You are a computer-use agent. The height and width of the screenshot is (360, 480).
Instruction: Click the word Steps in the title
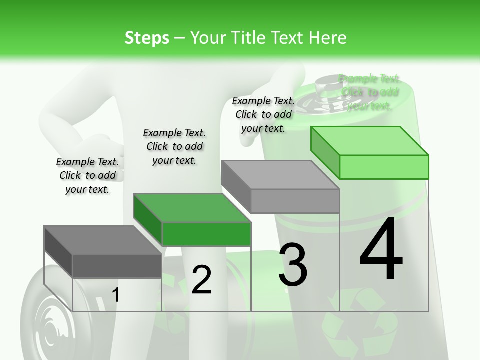click(x=147, y=38)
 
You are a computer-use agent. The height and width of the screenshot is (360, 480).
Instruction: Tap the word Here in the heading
click(x=327, y=38)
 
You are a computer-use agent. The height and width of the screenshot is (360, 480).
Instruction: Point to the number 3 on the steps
click(x=293, y=265)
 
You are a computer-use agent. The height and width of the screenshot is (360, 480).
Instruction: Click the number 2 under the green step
click(x=201, y=280)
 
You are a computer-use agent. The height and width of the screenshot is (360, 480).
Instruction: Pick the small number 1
click(x=116, y=295)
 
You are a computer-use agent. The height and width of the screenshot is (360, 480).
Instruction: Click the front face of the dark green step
click(x=206, y=234)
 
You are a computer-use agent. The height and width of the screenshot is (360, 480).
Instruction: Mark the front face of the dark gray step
click(x=117, y=266)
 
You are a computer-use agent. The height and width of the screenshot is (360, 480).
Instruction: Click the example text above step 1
click(x=87, y=175)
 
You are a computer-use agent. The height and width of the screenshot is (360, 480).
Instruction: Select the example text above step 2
click(x=174, y=146)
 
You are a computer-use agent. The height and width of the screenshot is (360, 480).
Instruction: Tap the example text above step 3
click(x=263, y=114)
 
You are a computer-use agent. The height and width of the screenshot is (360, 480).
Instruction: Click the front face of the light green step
click(x=384, y=167)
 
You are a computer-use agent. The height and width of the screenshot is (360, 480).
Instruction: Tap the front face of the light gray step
click(x=295, y=201)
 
